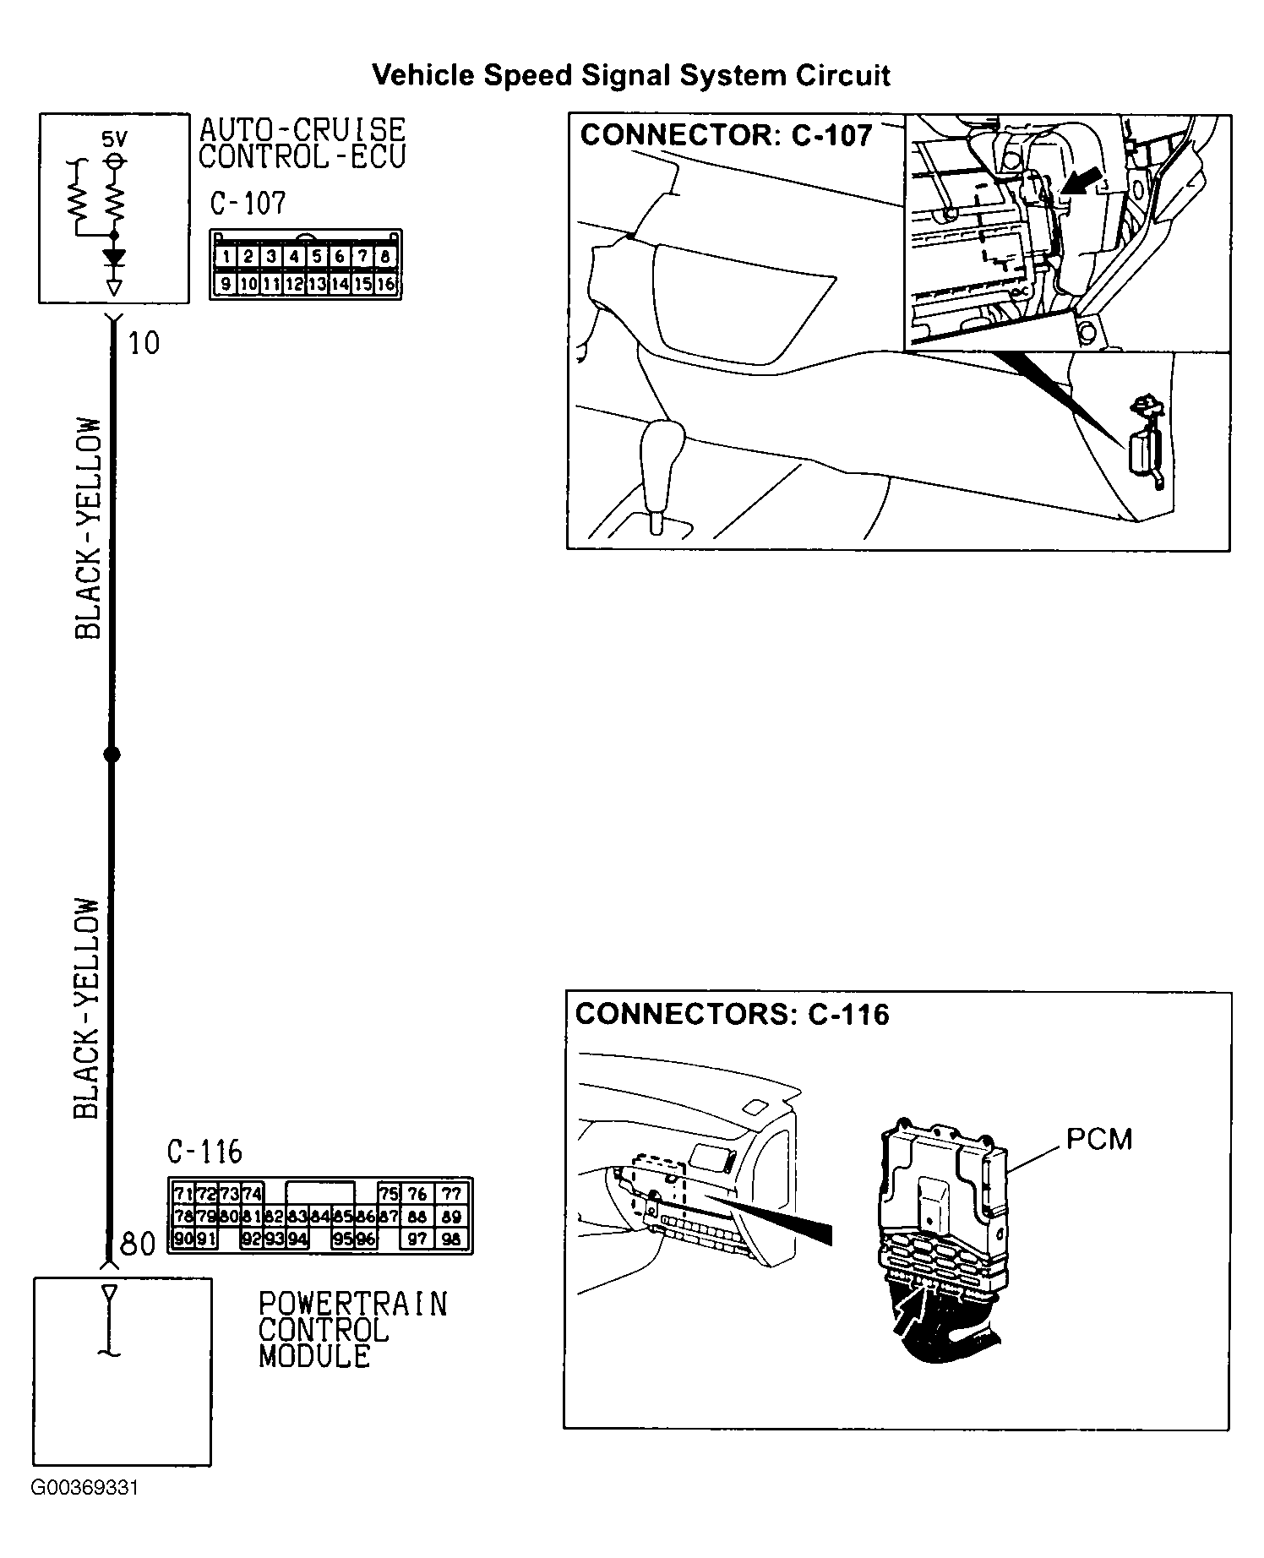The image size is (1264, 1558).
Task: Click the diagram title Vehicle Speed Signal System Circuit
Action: click(631, 75)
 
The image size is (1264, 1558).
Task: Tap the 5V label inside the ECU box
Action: click(115, 139)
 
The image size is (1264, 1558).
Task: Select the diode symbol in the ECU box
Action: click(113, 257)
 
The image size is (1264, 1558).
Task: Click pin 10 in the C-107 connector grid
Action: click(248, 285)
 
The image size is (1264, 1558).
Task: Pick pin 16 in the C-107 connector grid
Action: click(385, 285)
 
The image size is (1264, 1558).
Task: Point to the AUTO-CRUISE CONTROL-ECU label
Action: click(302, 143)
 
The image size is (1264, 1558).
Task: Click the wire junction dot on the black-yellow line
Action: click(111, 754)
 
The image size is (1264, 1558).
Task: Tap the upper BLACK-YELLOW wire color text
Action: click(89, 528)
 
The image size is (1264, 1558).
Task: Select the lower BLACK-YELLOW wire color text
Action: click(87, 1008)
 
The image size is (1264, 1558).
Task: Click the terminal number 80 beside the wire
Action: click(138, 1245)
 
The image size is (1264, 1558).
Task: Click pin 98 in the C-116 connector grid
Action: click(452, 1239)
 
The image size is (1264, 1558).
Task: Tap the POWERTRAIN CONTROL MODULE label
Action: click(351, 1330)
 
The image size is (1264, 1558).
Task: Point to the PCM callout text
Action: click(1098, 1140)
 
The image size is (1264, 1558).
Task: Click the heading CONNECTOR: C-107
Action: click(726, 135)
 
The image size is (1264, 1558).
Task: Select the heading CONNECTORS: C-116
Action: click(732, 1014)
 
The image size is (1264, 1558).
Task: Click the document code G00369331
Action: click(84, 1512)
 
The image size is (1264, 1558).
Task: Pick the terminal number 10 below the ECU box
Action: click(144, 343)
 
